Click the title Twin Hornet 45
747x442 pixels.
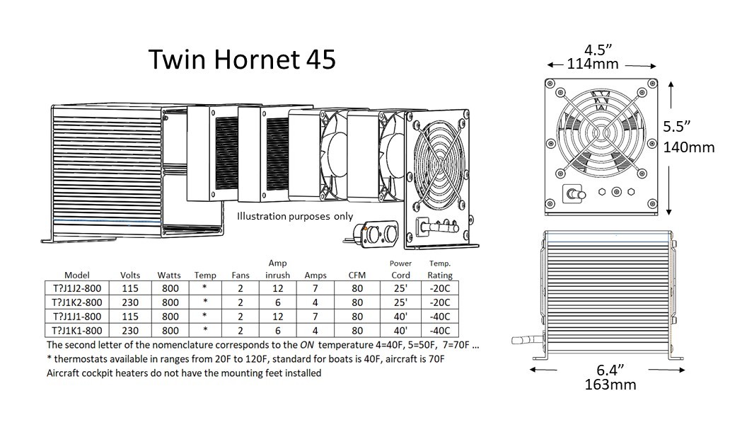242,61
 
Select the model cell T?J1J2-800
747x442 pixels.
77,288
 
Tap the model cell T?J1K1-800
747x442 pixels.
77,330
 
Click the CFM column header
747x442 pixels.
357,275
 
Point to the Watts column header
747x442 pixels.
170,275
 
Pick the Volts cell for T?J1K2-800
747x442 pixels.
129,302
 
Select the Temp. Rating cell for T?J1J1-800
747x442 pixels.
440,317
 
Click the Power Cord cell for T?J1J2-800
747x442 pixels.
400,288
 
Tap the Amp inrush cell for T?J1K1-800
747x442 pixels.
277,330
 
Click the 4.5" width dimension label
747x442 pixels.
598,50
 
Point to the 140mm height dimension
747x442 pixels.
689,147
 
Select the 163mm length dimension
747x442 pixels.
610,385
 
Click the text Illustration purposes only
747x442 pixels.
294,217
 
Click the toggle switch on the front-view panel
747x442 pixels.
572,193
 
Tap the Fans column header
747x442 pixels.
241,275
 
